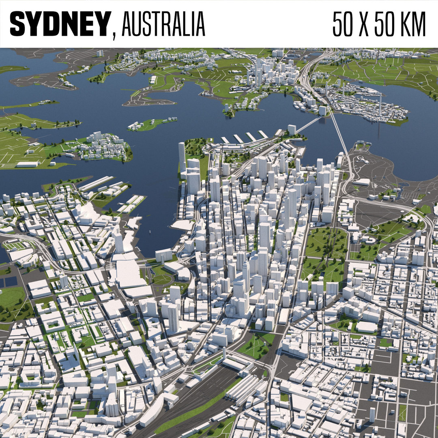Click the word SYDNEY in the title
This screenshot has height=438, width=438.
[x=60, y=24]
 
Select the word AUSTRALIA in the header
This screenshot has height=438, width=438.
[x=163, y=24]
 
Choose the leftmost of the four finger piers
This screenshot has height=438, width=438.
[x=225, y=140]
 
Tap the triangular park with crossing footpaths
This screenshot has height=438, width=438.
[x=255, y=345]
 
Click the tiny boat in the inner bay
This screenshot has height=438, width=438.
[x=150, y=232]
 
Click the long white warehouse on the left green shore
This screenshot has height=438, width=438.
[x=28, y=164]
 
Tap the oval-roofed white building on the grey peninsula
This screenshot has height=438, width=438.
[x=361, y=182]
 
